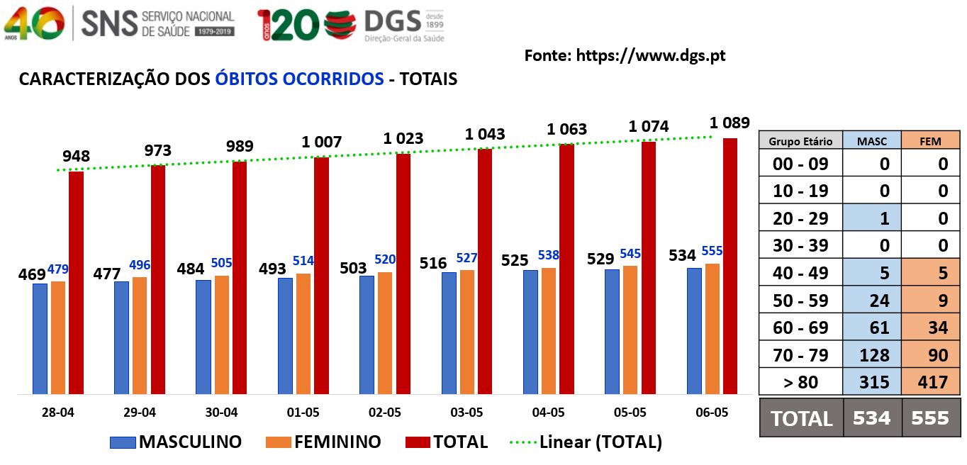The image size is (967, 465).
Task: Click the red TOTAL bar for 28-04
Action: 76,283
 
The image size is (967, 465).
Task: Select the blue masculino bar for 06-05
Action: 694,331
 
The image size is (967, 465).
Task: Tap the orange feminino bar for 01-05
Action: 303,334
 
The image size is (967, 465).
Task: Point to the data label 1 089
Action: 730,123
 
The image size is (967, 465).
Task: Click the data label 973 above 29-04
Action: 157,150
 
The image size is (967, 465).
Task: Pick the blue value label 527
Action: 466,258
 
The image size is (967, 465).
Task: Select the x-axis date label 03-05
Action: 466,413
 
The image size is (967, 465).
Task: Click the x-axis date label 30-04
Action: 221,413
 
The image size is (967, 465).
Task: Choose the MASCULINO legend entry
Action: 176,442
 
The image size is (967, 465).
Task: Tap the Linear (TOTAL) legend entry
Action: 586,442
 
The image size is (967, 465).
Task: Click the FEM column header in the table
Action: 930,141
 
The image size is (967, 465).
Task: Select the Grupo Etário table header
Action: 800,141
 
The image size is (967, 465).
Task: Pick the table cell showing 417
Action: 932,382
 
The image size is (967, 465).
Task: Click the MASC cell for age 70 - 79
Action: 874,355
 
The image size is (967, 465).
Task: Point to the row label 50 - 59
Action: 800,301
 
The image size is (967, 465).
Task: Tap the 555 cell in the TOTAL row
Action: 930,418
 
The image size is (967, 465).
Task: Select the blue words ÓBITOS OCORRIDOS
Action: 300,79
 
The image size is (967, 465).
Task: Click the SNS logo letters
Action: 109,24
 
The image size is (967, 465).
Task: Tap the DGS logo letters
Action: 393,21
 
